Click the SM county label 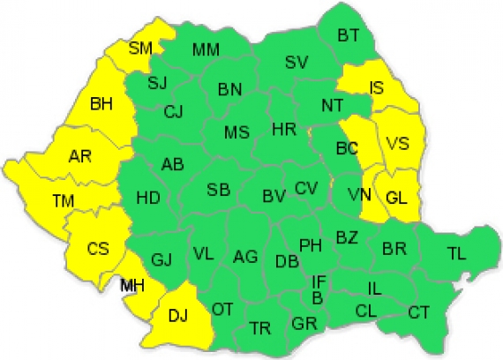(140, 48)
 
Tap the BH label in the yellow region (101, 104)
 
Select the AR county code (80, 157)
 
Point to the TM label (63, 202)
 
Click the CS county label (97, 248)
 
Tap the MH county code (134, 285)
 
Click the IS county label (376, 86)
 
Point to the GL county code (396, 199)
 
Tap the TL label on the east (455, 254)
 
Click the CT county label (418, 311)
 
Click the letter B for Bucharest (317, 296)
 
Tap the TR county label (259, 327)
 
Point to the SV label (297, 62)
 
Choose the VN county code (358, 194)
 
